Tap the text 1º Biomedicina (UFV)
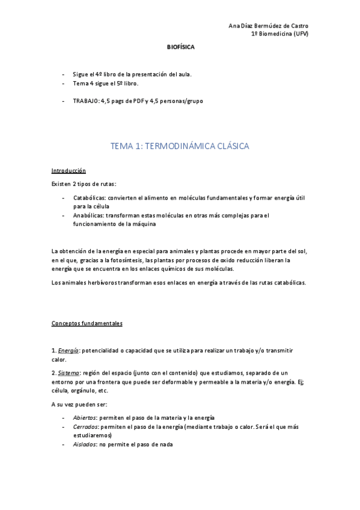279,34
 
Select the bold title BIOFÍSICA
180,46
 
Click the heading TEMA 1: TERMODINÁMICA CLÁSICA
180,146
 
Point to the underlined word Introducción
69,171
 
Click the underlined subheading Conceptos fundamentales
87,324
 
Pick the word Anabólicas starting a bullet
89,215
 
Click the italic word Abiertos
85,417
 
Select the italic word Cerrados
85,426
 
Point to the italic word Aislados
85,444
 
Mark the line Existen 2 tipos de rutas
84,183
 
